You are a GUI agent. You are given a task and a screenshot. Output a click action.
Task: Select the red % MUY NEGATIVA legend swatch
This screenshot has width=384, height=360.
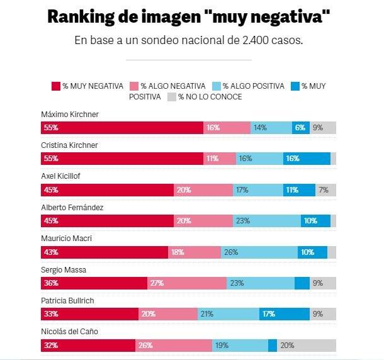[x=55, y=86]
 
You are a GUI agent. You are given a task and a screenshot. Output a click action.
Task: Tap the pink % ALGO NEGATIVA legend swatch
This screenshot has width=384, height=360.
[x=134, y=86]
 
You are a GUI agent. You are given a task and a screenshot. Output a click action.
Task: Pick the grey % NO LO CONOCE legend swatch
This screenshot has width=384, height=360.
[x=171, y=97]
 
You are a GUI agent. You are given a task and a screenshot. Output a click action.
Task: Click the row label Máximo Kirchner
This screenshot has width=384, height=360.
[x=70, y=115]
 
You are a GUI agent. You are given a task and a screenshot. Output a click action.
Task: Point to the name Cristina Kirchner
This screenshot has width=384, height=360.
[x=70, y=145]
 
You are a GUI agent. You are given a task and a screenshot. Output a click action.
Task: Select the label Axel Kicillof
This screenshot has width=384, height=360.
[x=62, y=177]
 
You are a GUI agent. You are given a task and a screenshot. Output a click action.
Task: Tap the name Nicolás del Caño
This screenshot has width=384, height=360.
[x=69, y=332]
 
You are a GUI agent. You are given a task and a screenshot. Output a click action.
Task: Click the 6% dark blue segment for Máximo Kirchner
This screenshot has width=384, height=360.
[x=300, y=128]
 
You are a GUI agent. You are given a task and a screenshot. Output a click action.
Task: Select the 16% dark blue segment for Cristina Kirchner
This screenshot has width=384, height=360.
[x=307, y=159]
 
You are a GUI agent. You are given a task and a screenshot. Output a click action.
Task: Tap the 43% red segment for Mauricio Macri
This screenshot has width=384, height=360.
[x=104, y=252]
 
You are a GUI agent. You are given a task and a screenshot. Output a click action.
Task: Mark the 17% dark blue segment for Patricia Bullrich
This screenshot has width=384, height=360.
[x=284, y=314]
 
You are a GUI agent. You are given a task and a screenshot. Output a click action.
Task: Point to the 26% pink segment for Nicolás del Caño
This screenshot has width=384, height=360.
[x=174, y=346]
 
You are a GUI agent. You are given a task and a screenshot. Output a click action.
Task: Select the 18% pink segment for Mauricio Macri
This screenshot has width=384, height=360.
[x=195, y=252]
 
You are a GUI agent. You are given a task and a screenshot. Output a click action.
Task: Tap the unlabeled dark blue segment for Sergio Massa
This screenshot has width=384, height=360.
[x=302, y=283]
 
